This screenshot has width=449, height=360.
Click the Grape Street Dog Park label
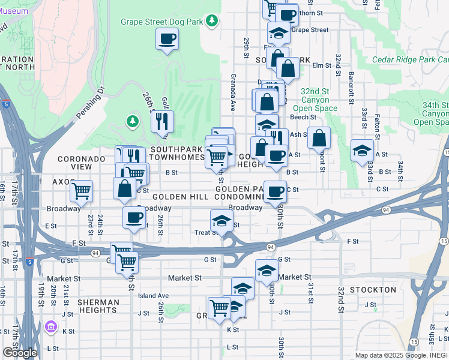pos(161,22)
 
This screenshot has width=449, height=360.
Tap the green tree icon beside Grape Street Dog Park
pos(211,22)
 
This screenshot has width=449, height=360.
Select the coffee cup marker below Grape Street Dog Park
pos(167,39)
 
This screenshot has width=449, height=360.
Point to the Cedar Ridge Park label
pos(410,59)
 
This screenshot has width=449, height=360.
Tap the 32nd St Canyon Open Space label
pos(315,100)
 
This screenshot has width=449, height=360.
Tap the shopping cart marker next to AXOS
pos(81,191)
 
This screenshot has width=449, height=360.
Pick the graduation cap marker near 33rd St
pos(362,150)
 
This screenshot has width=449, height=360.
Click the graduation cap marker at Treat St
pos(221,220)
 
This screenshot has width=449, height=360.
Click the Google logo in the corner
pos(20,353)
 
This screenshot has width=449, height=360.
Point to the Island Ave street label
pos(153,296)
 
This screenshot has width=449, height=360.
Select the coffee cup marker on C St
pos(275,192)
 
